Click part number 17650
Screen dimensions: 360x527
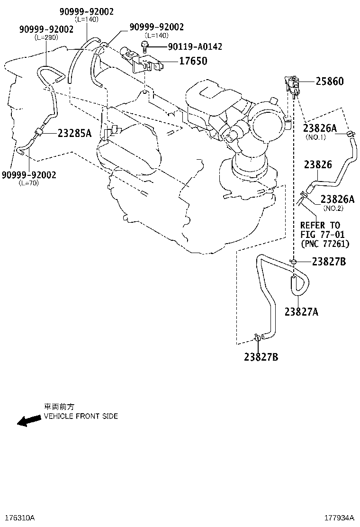click(x=193, y=61)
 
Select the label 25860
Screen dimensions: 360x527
click(x=329, y=82)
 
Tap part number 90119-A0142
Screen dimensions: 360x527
click(x=195, y=46)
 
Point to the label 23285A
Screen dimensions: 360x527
click(x=74, y=134)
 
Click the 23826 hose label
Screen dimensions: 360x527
click(x=318, y=165)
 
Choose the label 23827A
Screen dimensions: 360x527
click(x=301, y=312)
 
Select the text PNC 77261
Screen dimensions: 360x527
click(x=325, y=244)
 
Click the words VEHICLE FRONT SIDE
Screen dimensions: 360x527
click(x=81, y=416)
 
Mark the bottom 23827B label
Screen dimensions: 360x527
click(x=261, y=357)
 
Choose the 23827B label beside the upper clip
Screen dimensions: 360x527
click(x=329, y=262)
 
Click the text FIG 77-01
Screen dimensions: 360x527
click(x=323, y=234)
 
